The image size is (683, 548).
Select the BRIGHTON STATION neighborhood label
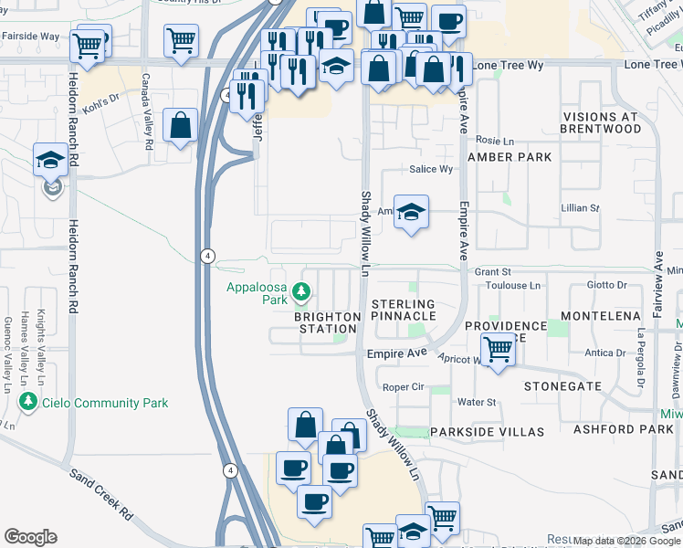(x=326, y=322)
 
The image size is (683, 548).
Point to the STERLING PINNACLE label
(x=404, y=310)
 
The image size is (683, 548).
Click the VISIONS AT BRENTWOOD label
(x=615, y=123)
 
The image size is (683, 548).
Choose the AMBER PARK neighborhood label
(x=510, y=157)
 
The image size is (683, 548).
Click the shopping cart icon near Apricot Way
(x=498, y=349)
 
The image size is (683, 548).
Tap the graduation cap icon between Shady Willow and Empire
(x=412, y=212)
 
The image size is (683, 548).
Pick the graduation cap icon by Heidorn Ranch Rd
(x=50, y=160)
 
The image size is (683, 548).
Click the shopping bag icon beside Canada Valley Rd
(x=181, y=125)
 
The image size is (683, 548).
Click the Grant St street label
(x=492, y=271)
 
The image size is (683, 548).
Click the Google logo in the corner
(x=30, y=537)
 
